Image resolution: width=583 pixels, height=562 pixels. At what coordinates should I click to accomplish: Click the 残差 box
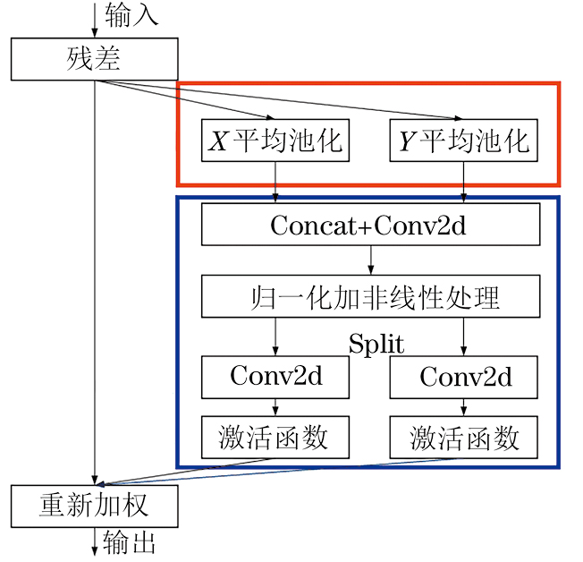click(x=94, y=60)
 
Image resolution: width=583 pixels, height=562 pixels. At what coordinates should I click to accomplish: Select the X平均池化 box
click(x=275, y=140)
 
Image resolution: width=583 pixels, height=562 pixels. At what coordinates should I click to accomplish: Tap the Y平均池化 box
click(x=463, y=140)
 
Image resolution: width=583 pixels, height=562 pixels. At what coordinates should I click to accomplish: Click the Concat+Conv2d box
click(x=368, y=225)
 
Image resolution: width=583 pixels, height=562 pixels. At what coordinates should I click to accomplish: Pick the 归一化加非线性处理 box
click(x=368, y=296)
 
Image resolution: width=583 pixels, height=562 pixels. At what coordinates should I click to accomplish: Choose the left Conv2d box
click(x=275, y=377)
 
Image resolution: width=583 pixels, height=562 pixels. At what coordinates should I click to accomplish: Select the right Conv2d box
click(x=463, y=377)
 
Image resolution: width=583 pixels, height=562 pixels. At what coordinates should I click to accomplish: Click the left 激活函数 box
click(x=275, y=438)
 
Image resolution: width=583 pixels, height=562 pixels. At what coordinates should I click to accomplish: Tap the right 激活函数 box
click(x=463, y=438)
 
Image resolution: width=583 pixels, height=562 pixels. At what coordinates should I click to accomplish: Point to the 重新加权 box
click(x=94, y=507)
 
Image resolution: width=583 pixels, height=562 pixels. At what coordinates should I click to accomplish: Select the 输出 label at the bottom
click(x=131, y=543)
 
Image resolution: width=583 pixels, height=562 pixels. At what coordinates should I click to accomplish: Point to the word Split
click(x=376, y=345)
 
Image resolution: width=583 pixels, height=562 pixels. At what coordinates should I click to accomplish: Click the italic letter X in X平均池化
click(x=217, y=141)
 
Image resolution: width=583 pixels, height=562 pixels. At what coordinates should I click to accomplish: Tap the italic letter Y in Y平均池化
click(x=406, y=141)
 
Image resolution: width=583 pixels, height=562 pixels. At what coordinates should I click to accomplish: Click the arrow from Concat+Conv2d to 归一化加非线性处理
click(x=370, y=260)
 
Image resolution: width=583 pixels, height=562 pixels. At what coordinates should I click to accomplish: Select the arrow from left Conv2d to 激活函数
click(x=275, y=407)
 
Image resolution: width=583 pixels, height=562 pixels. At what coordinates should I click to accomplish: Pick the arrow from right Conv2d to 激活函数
click(x=463, y=407)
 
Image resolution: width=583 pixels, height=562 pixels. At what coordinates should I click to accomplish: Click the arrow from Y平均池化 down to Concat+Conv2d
click(x=463, y=183)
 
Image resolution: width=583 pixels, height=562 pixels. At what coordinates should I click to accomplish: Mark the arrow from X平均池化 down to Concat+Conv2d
click(x=275, y=183)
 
